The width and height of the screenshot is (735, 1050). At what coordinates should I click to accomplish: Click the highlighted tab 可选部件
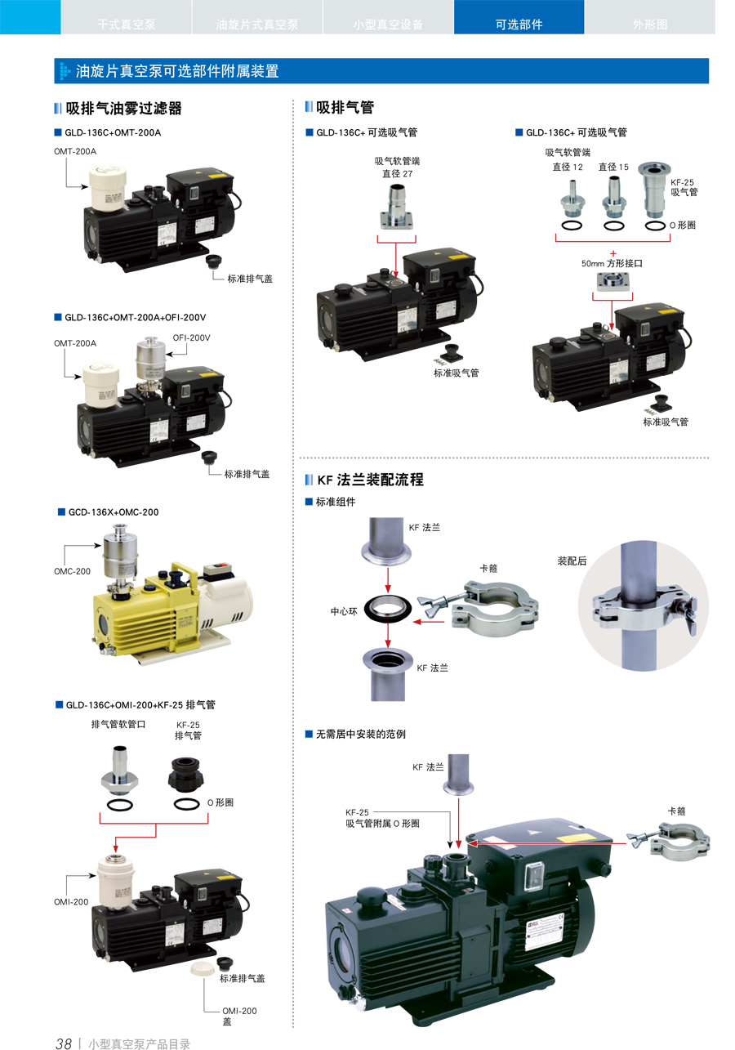point(519,24)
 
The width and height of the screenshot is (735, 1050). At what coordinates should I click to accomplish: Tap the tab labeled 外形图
point(649,24)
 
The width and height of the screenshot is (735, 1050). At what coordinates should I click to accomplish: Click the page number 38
point(64,1043)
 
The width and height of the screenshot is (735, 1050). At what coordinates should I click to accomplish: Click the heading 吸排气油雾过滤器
point(123,108)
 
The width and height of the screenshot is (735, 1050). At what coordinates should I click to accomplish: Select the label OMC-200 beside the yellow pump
point(73,571)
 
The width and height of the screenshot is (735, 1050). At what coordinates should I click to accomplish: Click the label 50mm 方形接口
point(612,264)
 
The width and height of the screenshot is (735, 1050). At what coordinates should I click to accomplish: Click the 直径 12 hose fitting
point(571,199)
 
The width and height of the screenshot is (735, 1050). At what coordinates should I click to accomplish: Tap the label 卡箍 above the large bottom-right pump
point(676,811)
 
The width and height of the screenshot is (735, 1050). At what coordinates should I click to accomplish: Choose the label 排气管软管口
point(118,723)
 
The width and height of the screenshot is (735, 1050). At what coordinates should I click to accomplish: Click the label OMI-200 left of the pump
point(72,901)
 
